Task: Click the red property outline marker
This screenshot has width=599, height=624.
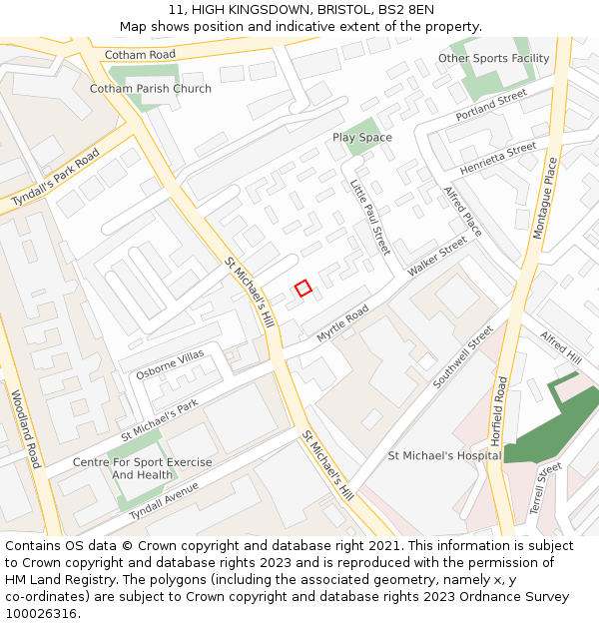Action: pyautogui.click(x=303, y=288)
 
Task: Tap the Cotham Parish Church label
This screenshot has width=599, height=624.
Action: pyautogui.click(x=151, y=89)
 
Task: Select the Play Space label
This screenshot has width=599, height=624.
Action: pyautogui.click(x=362, y=138)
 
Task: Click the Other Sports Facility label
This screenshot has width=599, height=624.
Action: pyautogui.click(x=493, y=59)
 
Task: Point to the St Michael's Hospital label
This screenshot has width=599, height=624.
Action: pyautogui.click(x=444, y=456)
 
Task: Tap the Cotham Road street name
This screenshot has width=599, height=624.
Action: pyautogui.click(x=140, y=55)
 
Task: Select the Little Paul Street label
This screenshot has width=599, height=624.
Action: pyautogui.click(x=369, y=216)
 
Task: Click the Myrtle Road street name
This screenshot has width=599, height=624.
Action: pyautogui.click(x=342, y=323)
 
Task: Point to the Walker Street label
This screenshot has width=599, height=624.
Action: pyautogui.click(x=437, y=257)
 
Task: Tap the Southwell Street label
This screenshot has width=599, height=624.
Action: pyautogui.click(x=464, y=356)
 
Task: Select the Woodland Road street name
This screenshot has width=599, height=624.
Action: pyautogui.click(x=26, y=428)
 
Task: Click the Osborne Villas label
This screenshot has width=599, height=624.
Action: pyautogui.click(x=170, y=364)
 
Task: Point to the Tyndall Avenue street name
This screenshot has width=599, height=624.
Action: pyautogui.click(x=164, y=496)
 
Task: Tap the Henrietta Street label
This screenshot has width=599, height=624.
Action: pyautogui.click(x=498, y=158)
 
